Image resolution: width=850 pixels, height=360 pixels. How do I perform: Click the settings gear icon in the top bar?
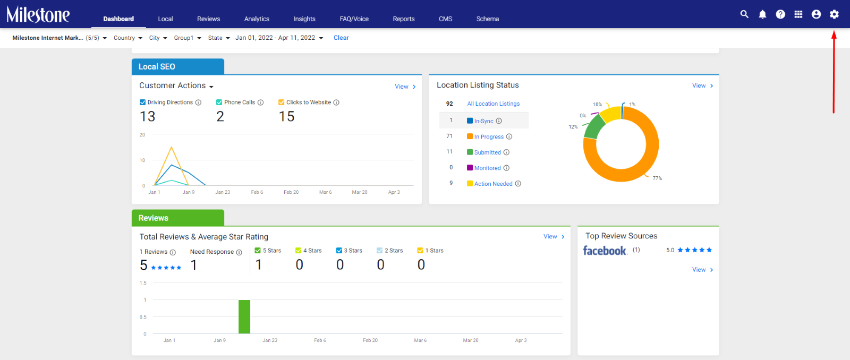click(834, 14)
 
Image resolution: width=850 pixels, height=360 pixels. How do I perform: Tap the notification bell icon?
click(762, 14)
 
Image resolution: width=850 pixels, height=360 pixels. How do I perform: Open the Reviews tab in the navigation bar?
click(208, 19)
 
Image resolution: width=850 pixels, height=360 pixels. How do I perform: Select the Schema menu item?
click(488, 19)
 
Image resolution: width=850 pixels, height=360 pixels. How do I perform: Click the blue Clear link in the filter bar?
click(341, 38)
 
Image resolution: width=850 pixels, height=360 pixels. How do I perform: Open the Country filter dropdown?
click(128, 38)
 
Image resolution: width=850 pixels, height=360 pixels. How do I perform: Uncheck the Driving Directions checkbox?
click(143, 102)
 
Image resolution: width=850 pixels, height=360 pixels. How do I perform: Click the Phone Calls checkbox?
click(219, 102)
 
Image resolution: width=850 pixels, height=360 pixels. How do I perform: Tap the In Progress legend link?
click(489, 136)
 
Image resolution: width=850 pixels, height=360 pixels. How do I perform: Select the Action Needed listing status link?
click(494, 184)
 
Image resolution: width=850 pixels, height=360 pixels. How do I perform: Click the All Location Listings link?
click(494, 104)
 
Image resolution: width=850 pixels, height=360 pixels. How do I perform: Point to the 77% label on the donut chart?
click(657, 178)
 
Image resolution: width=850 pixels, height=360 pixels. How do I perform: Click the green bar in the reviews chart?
click(244, 317)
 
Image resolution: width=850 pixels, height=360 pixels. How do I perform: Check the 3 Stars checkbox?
click(339, 251)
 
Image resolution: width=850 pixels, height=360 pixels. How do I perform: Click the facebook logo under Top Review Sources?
click(605, 251)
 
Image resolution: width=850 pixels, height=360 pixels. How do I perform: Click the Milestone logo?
click(38, 15)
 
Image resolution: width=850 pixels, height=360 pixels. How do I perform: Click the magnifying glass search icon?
click(744, 14)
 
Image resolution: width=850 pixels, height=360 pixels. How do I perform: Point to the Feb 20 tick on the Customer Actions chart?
click(291, 192)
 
